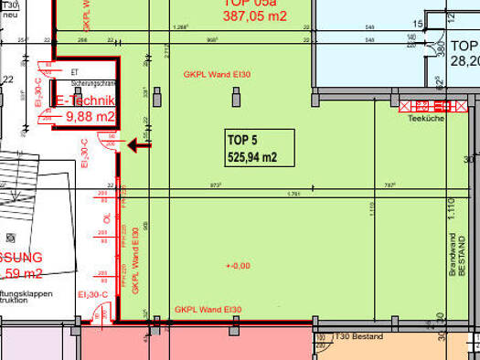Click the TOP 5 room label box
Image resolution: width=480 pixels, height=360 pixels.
point(260,148)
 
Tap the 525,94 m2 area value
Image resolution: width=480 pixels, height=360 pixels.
point(252,157)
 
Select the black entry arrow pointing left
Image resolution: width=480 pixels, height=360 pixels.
point(140,143)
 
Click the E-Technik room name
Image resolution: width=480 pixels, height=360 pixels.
point(85,101)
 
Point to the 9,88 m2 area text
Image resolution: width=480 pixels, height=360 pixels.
point(90,116)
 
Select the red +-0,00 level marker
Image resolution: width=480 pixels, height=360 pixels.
point(236,266)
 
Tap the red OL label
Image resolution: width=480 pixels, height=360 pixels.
point(108,220)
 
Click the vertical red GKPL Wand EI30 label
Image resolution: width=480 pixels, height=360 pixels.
point(135,259)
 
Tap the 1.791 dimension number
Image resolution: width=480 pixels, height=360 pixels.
point(293,194)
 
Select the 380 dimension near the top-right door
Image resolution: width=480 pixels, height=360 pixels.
point(440,48)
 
